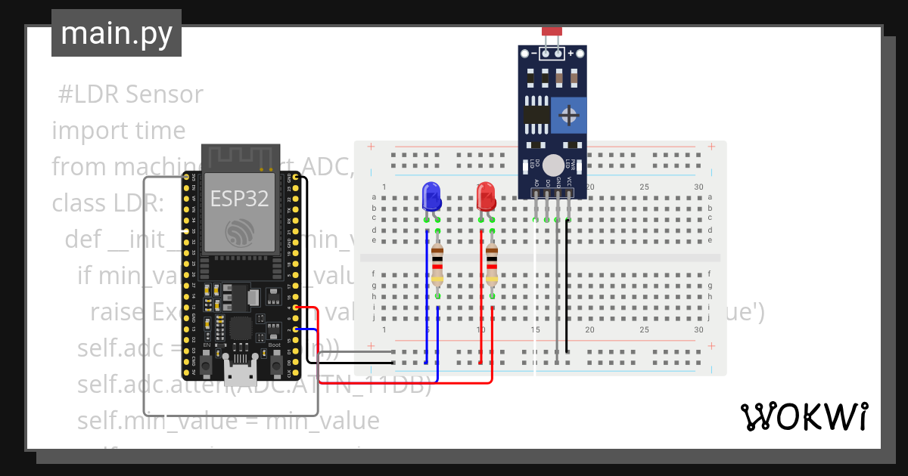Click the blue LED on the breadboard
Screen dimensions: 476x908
click(x=431, y=196)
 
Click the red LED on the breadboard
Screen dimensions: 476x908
click(x=486, y=196)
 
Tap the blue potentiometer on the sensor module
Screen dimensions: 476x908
click(x=567, y=116)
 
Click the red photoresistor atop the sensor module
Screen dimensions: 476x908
click(x=552, y=31)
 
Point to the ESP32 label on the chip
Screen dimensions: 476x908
click(x=239, y=199)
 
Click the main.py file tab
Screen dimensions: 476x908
click(x=116, y=34)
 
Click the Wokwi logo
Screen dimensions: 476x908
click(x=804, y=416)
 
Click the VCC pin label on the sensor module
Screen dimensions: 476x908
click(x=568, y=183)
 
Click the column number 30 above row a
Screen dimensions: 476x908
click(x=698, y=187)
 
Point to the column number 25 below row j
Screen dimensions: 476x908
click(x=644, y=329)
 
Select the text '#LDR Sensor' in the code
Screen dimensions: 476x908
click(x=131, y=94)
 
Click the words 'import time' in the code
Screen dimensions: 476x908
click(x=119, y=131)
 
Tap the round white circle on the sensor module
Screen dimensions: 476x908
click(x=554, y=165)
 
